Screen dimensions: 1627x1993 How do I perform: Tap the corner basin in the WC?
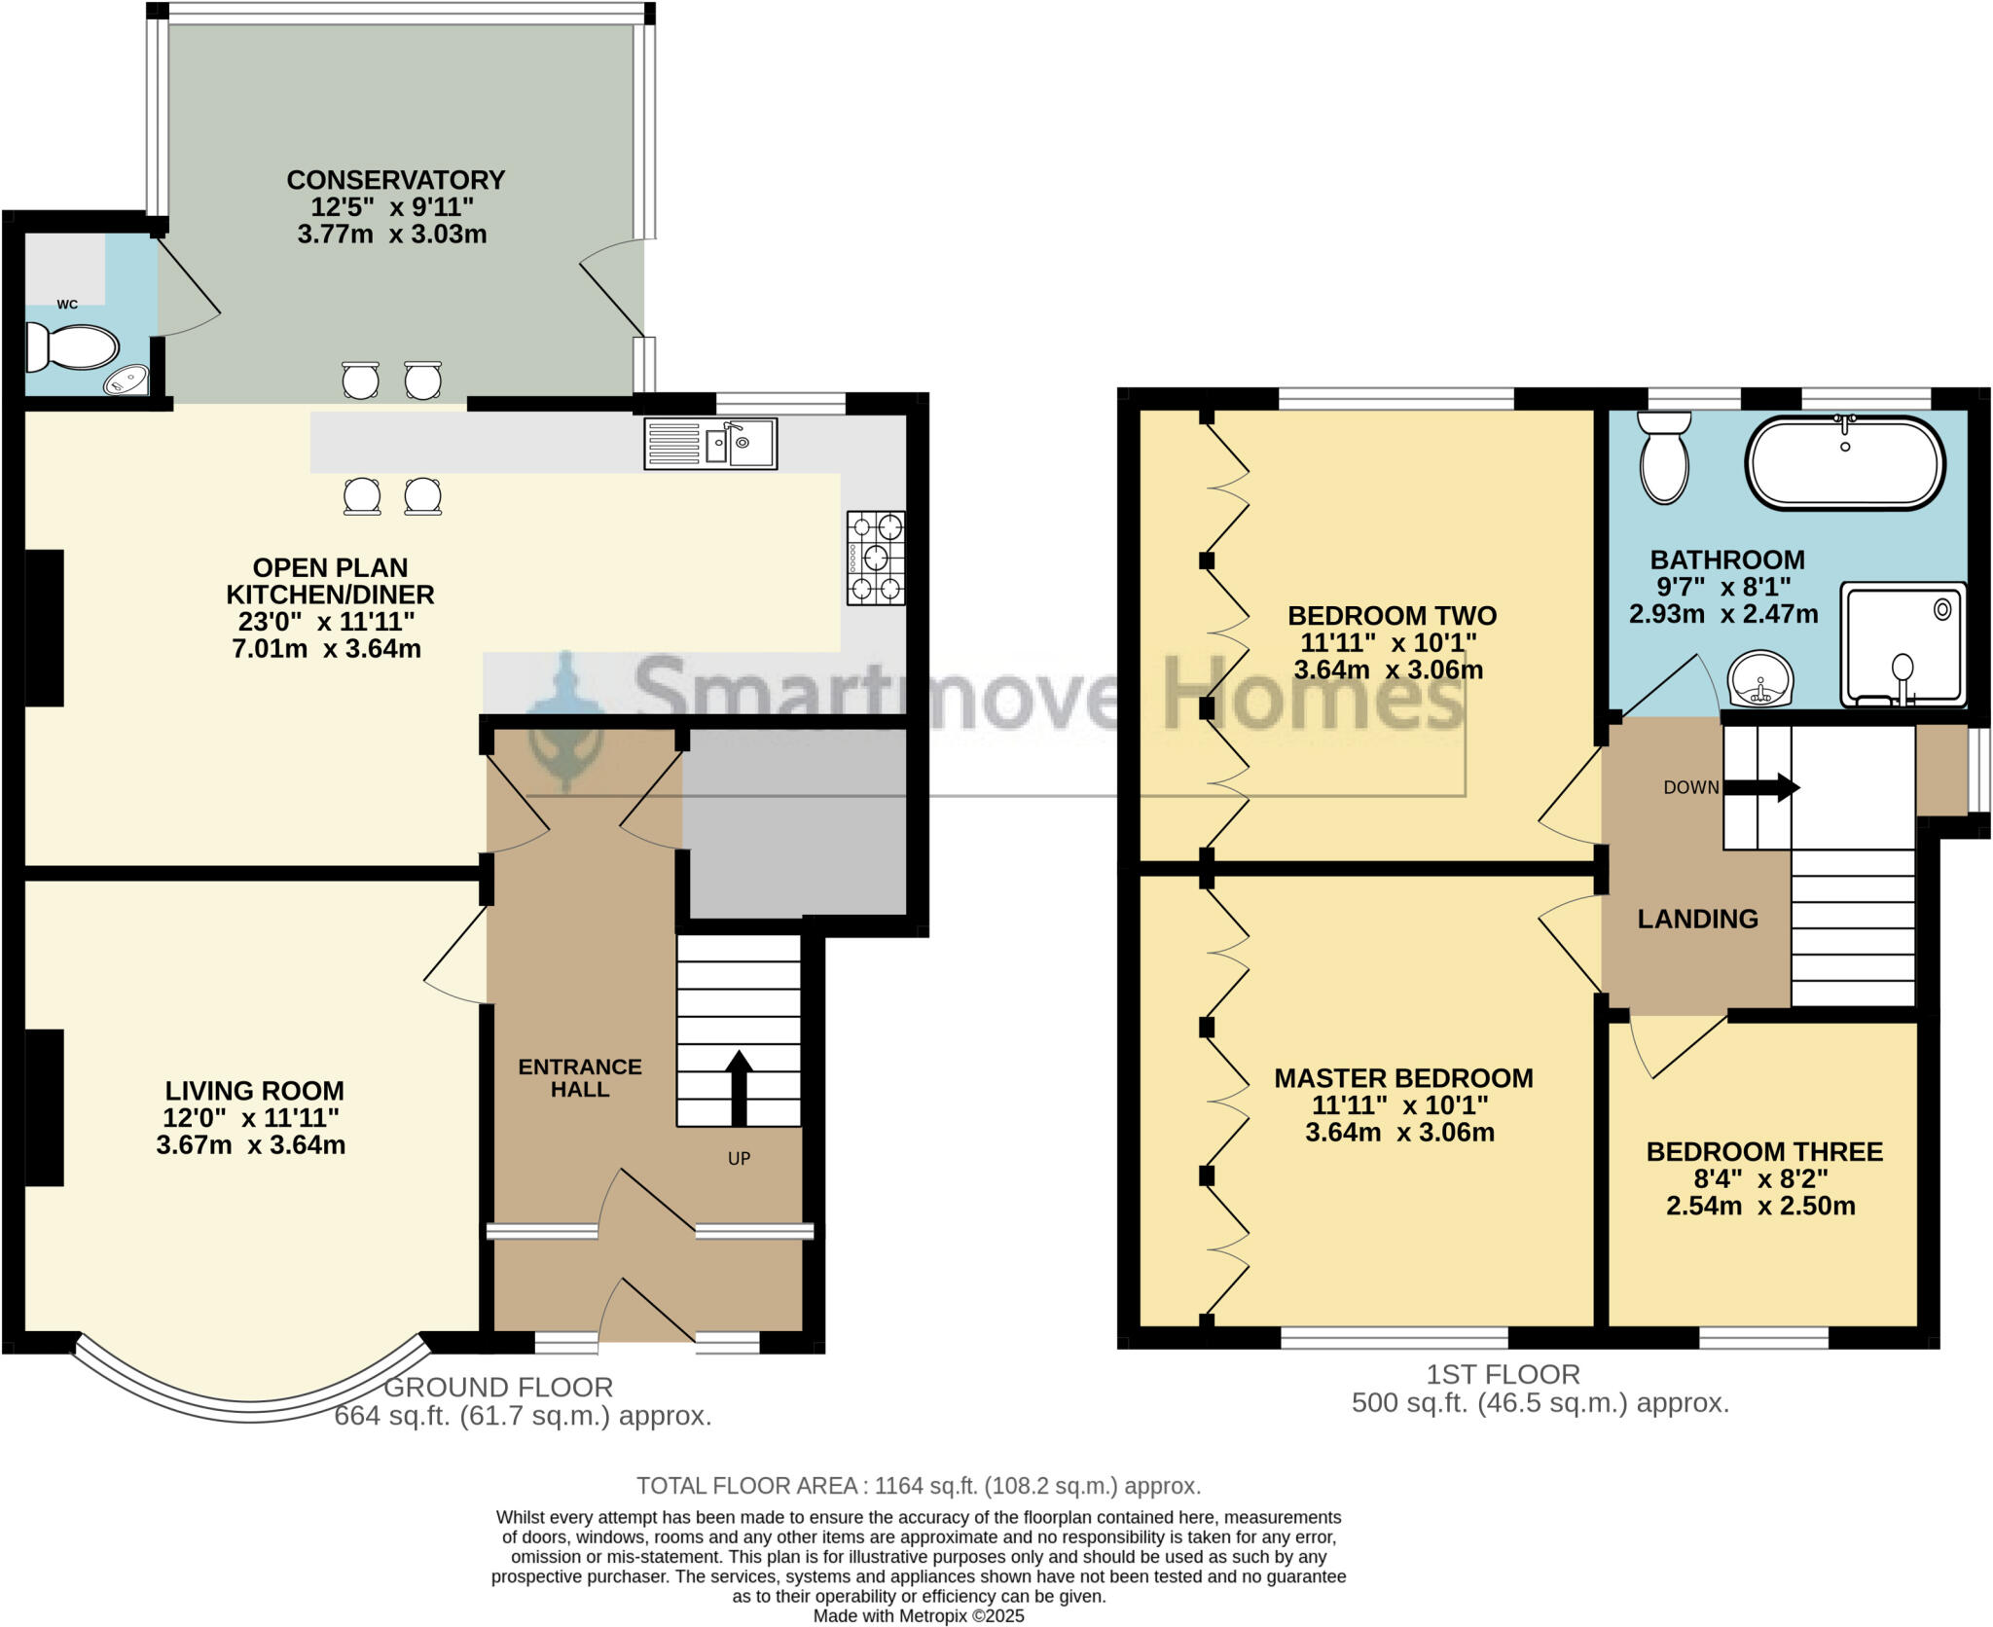pyautogui.click(x=128, y=380)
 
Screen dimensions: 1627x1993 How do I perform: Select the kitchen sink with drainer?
pyautogui.click(x=710, y=444)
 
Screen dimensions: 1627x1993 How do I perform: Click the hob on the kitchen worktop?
pyautogui.click(x=876, y=558)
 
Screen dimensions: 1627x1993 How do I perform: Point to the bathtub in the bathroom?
pyautogui.click(x=1845, y=463)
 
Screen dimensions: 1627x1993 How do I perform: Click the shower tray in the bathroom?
pyautogui.click(x=1902, y=644)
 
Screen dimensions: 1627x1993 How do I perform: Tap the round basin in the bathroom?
pyautogui.click(x=1760, y=677)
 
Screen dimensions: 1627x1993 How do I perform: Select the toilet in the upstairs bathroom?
pyautogui.click(x=1664, y=456)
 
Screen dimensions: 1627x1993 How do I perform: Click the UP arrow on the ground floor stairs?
pyautogui.click(x=739, y=1087)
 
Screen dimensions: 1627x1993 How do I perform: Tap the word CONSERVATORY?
pyautogui.click(x=395, y=180)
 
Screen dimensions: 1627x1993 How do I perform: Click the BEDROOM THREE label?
pyautogui.click(x=1763, y=1151)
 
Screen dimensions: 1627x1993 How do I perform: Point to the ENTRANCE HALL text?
pyautogui.click(x=580, y=1078)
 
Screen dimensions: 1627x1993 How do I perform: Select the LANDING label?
pyautogui.click(x=1697, y=919)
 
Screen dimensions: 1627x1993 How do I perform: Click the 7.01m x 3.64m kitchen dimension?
pyautogui.click(x=326, y=648)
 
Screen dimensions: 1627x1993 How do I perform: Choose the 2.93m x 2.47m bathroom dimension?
pyautogui.click(x=1723, y=614)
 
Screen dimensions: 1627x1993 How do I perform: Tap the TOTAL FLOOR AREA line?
pyautogui.click(x=919, y=1486)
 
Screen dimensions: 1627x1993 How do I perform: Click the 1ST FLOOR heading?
pyautogui.click(x=1503, y=1374)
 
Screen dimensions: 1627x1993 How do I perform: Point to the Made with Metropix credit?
pyautogui.click(x=919, y=1616)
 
